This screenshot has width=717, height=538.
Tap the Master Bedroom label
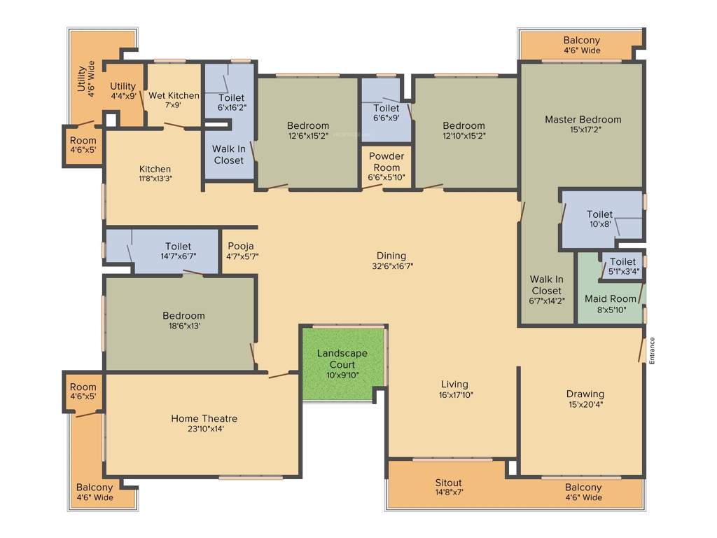point(583,120)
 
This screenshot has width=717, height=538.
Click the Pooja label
point(240,246)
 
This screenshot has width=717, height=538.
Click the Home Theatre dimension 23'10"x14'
point(199,429)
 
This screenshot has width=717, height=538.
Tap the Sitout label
point(448,483)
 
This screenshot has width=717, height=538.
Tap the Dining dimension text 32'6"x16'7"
point(391,266)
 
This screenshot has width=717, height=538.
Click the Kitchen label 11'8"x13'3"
point(155,178)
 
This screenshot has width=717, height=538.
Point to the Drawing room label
point(585,394)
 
